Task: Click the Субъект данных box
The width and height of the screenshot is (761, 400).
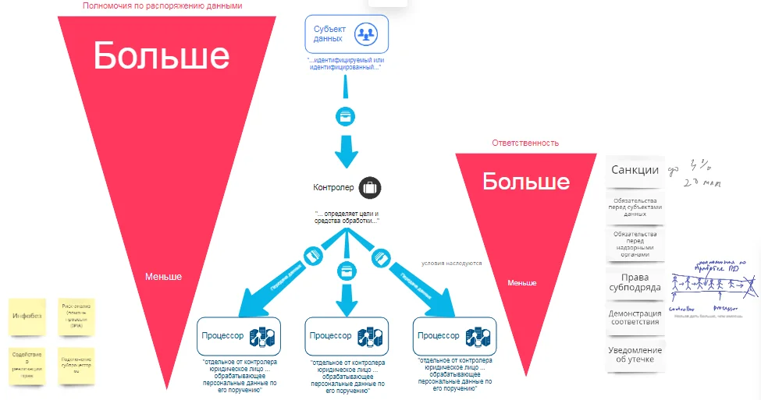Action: [346, 34]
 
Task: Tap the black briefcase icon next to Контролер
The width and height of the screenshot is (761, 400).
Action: [370, 187]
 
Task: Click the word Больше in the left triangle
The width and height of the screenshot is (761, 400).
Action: [162, 56]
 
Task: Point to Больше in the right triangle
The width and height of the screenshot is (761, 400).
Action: [525, 182]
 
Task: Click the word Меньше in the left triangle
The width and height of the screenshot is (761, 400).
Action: [163, 276]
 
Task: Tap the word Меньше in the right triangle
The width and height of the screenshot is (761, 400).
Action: [522, 282]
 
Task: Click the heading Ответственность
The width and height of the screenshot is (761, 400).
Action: [525, 143]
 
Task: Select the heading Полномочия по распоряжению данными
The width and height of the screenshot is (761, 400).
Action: [162, 5]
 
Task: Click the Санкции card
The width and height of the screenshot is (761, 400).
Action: [635, 171]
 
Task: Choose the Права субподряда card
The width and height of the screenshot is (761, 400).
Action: [635, 281]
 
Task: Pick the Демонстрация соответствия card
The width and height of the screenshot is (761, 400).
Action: [635, 318]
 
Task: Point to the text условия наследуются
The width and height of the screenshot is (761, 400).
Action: [451, 263]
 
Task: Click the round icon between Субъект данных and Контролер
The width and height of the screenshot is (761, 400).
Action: [346, 116]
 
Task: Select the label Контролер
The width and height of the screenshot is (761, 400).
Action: [334, 187]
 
